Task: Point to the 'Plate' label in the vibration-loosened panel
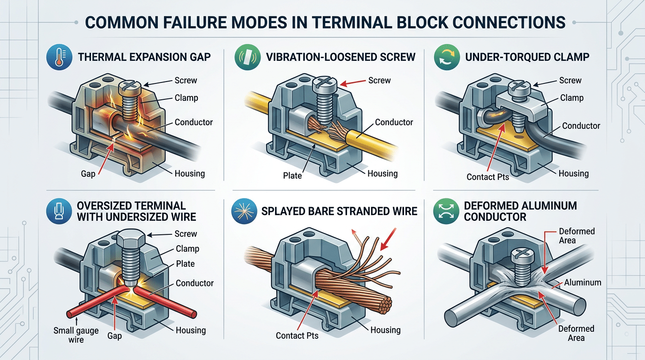(x=292, y=175)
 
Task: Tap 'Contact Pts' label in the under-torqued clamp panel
(x=487, y=177)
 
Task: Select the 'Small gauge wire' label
(x=76, y=335)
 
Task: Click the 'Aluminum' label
(x=583, y=282)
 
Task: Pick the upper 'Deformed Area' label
(x=577, y=236)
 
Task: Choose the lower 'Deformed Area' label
(x=576, y=333)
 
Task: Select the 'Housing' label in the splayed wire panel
(x=385, y=330)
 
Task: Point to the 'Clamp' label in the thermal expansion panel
(x=186, y=98)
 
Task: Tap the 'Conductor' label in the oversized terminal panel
(x=195, y=283)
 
